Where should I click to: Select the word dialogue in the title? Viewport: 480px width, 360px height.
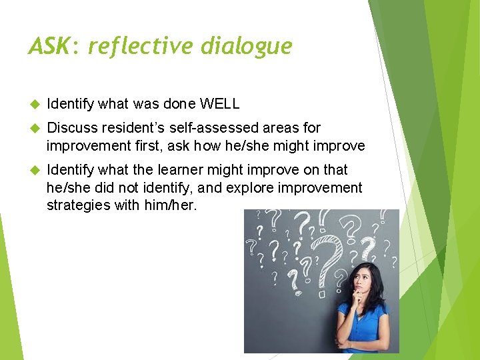point(251,46)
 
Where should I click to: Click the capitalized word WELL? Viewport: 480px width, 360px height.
point(219,104)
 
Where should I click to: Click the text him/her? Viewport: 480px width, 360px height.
point(171,205)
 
